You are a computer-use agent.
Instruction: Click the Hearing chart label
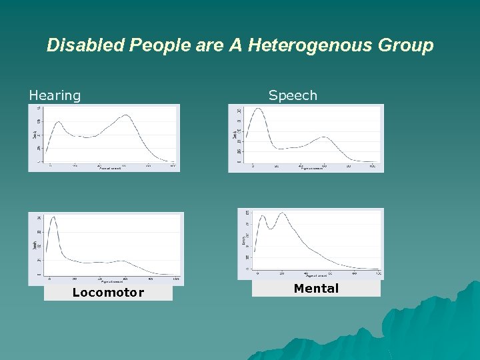point(55,95)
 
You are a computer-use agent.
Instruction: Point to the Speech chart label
point(293,95)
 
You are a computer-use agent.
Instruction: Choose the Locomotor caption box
point(108,293)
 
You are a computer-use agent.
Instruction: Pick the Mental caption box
point(316,288)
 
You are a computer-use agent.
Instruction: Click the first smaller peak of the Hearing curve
point(58,122)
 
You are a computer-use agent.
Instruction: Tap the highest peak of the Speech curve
point(257,109)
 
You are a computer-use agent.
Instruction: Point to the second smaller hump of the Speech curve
point(323,137)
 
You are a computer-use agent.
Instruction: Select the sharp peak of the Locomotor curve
point(53,217)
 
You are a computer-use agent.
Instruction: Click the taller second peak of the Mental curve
point(283,213)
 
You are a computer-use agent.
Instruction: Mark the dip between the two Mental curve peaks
point(271,228)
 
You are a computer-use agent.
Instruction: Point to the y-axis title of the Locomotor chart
point(35,245)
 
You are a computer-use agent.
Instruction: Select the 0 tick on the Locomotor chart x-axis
point(49,278)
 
